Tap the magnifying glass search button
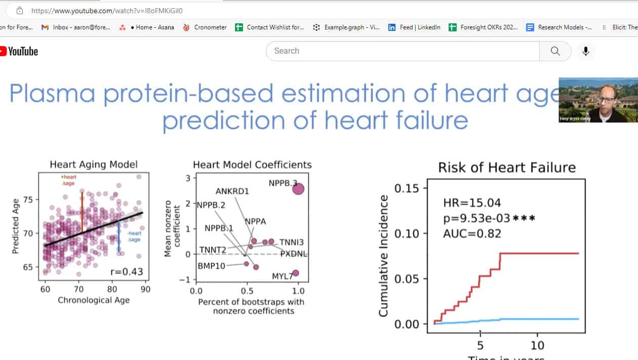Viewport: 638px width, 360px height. [555, 51]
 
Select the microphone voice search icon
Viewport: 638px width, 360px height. [586, 51]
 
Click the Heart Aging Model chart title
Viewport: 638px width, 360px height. [94, 165]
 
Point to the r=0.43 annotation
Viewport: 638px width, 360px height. [127, 272]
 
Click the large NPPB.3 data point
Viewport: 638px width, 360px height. [298, 189]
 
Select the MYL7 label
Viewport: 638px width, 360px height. [282, 276]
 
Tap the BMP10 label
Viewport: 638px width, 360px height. [212, 266]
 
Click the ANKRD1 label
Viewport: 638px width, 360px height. [232, 191]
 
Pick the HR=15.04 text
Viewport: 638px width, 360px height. [472, 203]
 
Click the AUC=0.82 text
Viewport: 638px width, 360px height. [472, 233]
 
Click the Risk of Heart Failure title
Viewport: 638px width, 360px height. [506, 168]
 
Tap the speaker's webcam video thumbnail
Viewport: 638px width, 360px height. [598, 100]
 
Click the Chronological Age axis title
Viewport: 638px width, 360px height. [94, 300]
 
